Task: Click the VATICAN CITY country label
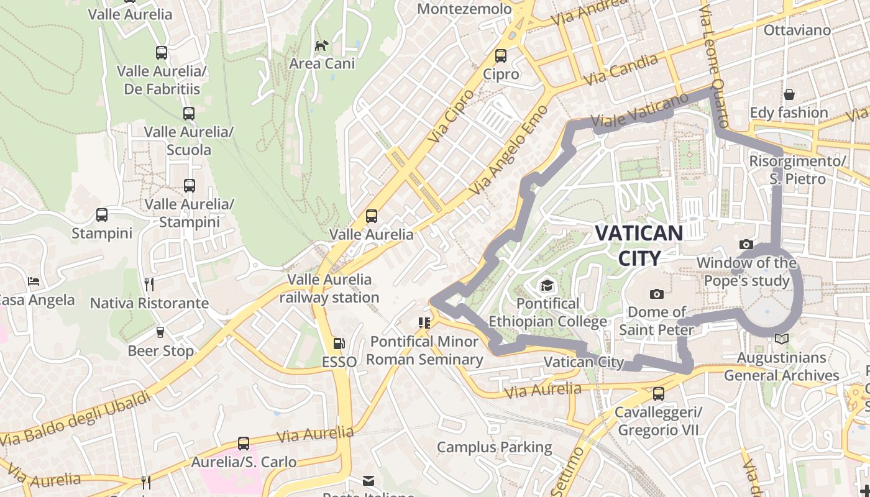(x=639, y=245)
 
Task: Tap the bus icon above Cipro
(x=501, y=56)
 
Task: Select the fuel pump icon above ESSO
(x=339, y=343)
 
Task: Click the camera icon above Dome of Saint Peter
(x=656, y=294)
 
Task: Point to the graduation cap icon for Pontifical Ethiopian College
(x=547, y=285)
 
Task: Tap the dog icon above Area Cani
(x=321, y=45)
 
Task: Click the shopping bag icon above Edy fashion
(x=789, y=94)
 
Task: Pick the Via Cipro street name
(x=451, y=116)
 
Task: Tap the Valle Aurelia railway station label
(x=329, y=288)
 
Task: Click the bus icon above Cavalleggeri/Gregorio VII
(x=658, y=393)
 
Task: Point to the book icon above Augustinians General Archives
(x=781, y=339)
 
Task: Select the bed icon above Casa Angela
(x=34, y=281)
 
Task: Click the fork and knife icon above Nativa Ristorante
(x=149, y=285)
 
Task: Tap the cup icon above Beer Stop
(x=160, y=332)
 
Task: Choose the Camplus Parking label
(x=494, y=447)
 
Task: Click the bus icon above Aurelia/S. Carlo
(x=244, y=444)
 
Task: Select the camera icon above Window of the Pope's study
(x=746, y=245)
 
